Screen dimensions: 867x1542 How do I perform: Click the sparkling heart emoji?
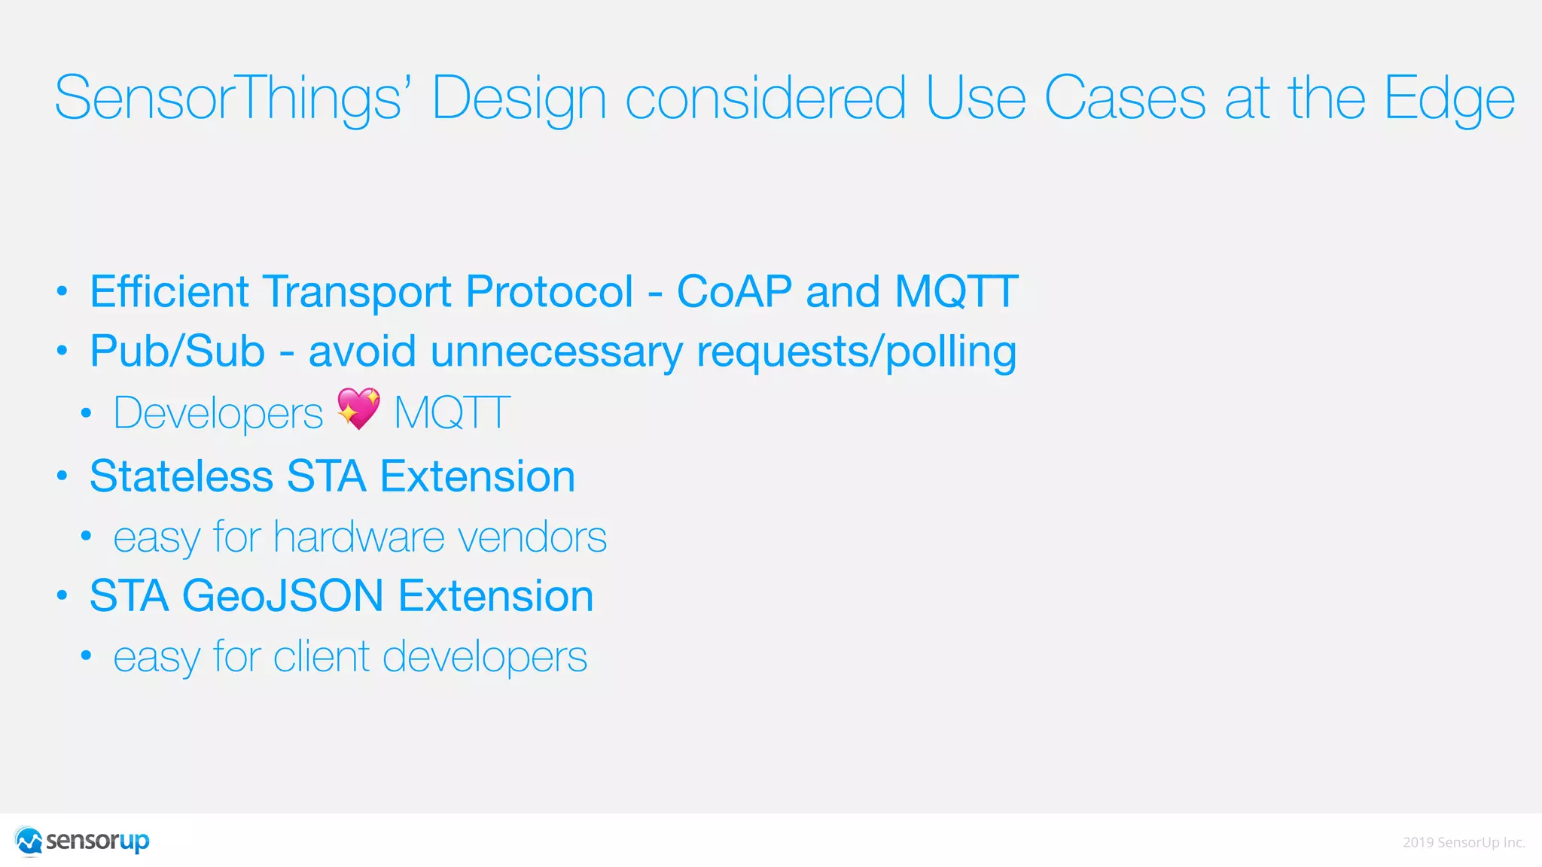tap(358, 409)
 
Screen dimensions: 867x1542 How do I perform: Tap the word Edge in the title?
tap(1449, 99)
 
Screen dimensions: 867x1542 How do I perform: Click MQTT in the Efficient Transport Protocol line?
tap(956, 291)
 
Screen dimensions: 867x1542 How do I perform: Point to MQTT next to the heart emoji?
tap(452, 412)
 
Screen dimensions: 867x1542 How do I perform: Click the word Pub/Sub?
tap(177, 351)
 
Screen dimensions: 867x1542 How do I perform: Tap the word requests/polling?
tap(856, 351)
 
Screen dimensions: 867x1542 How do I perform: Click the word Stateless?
tap(181, 476)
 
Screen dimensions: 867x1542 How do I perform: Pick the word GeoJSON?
tap(282, 596)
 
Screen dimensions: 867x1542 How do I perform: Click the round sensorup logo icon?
tap(29, 841)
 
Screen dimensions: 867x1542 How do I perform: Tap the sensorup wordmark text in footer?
tap(98, 841)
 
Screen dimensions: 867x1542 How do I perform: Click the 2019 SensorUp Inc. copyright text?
tap(1463, 842)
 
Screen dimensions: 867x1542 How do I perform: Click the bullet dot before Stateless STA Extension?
tap(62, 476)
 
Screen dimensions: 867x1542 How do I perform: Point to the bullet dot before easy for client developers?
tap(87, 656)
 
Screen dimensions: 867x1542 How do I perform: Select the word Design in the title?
tap(519, 99)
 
